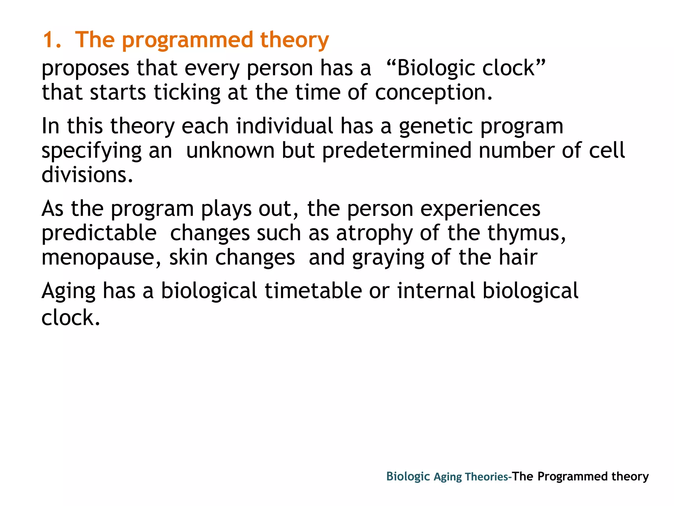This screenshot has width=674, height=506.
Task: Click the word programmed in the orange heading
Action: click(x=187, y=40)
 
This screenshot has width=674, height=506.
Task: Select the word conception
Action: click(x=433, y=93)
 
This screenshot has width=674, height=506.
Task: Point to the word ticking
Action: click(x=187, y=93)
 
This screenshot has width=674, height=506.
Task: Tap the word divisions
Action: click(x=87, y=175)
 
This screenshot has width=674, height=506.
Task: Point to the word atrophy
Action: click(x=375, y=233)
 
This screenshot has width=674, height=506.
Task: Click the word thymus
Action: click(x=526, y=233)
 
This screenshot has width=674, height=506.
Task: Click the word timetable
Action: click(x=313, y=291)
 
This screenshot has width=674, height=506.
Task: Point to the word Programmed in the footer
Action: click(x=572, y=477)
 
